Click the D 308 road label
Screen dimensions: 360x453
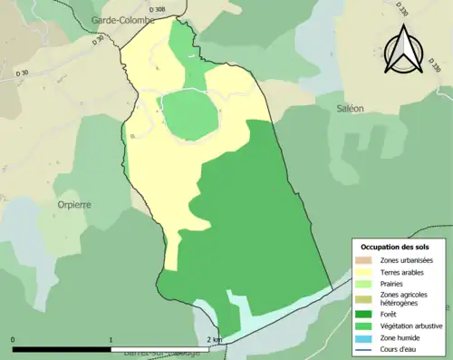point(157,9)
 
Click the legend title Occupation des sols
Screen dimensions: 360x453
point(395,247)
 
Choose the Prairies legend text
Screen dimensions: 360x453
point(393,284)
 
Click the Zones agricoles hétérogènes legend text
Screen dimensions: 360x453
point(405,298)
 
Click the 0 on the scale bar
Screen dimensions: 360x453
point(14,340)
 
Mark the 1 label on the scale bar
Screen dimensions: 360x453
point(111,340)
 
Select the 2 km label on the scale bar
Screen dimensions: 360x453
point(214,340)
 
